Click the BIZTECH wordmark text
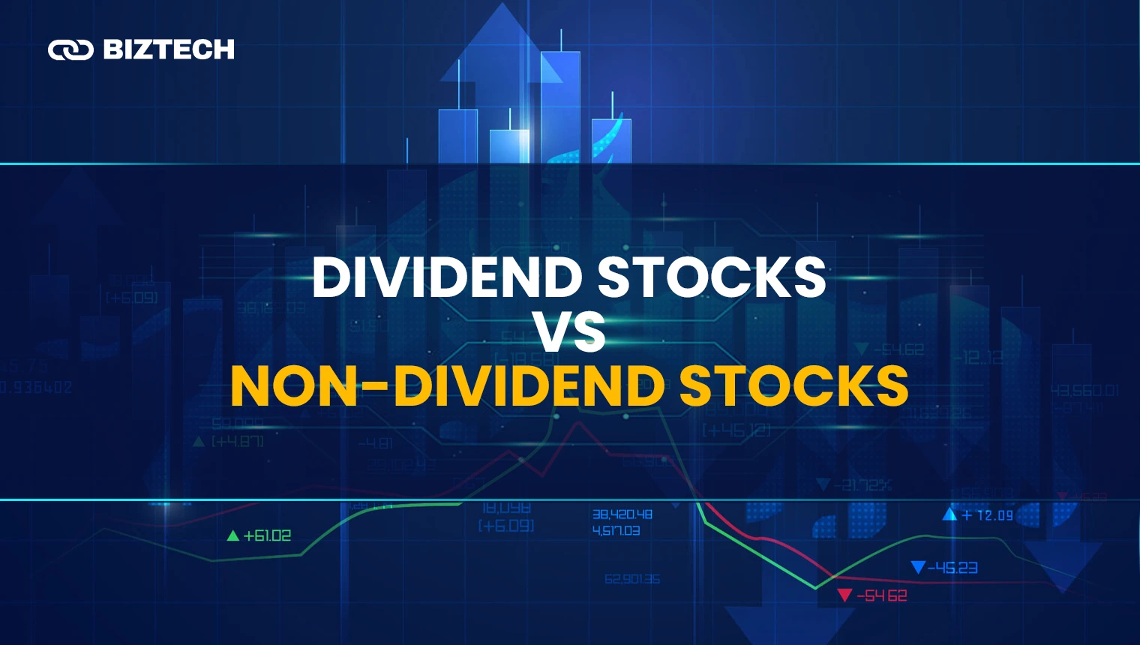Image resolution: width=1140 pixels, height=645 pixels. coord(169,49)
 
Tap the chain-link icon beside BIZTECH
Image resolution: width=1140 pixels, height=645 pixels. coord(70,50)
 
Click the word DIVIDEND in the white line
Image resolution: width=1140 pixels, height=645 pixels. coord(447,277)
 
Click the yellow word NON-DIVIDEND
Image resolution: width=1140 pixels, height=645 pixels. coord(448,387)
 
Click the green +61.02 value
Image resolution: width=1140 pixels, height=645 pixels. coord(267,535)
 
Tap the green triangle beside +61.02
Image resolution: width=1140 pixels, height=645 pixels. coord(233,535)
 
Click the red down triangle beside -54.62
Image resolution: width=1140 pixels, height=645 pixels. coord(844,595)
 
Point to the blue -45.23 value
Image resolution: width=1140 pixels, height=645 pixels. coord(952,568)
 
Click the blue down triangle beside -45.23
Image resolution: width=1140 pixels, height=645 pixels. coord(918,567)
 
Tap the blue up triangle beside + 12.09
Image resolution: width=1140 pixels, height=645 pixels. coord(949,514)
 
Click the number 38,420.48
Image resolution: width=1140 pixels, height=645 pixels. coord(622,514)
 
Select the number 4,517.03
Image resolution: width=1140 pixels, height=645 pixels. coord(616,531)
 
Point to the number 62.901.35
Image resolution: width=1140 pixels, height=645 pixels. coord(632,579)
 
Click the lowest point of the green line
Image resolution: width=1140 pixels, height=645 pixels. coord(816,588)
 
